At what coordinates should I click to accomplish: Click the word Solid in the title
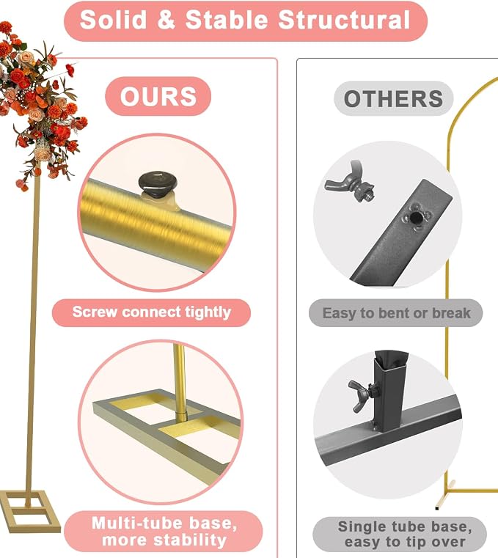coord(113,20)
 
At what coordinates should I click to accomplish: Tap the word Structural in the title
coord(344,20)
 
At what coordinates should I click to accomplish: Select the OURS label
coord(158,96)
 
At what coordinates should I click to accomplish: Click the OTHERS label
coord(393,98)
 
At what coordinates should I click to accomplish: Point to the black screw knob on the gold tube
coord(158,185)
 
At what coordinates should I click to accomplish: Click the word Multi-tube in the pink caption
coord(136,523)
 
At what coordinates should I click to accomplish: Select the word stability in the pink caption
coord(190,540)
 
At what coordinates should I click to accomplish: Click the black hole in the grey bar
coord(414,218)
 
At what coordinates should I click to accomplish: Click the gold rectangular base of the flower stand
coord(30,511)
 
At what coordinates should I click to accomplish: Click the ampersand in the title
coord(166,20)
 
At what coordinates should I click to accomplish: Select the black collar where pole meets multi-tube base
coord(182,416)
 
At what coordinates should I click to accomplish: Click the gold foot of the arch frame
coord(445,496)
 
